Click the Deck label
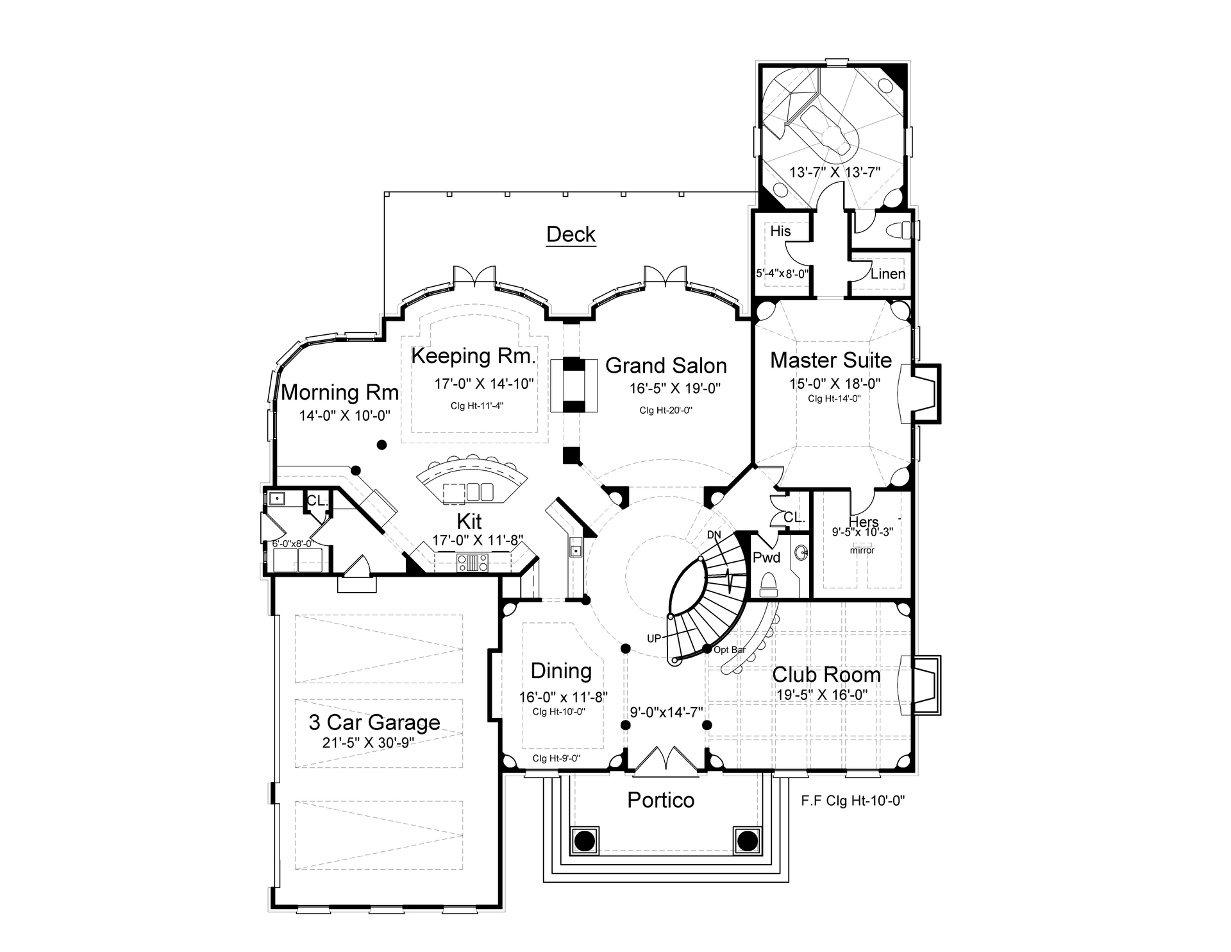(x=571, y=234)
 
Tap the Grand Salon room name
(x=666, y=366)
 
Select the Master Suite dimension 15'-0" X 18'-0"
(x=834, y=384)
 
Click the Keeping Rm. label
(x=473, y=355)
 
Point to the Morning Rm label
(x=340, y=392)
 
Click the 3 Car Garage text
(x=374, y=722)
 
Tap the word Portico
(x=660, y=800)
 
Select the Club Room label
(x=826, y=675)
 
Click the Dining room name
(x=561, y=671)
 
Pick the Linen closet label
(x=887, y=274)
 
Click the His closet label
(x=780, y=231)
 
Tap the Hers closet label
(x=863, y=522)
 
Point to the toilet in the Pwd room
(x=768, y=584)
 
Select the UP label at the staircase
(x=653, y=639)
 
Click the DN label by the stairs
(x=714, y=534)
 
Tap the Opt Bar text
(x=730, y=650)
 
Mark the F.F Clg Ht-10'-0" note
(x=853, y=801)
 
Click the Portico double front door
(x=667, y=758)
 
